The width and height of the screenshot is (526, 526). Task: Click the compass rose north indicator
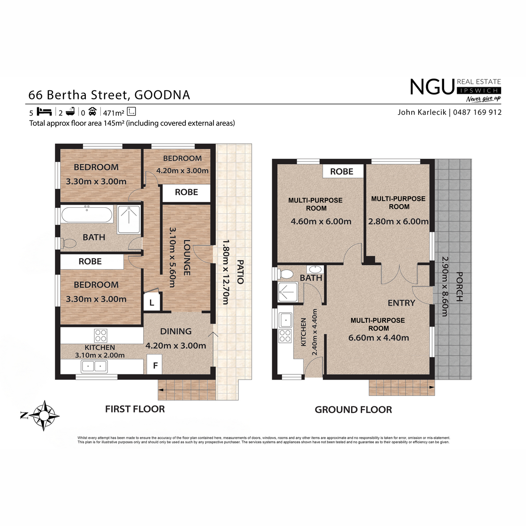pos(24,416)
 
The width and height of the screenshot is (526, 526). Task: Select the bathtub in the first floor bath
pos(87,214)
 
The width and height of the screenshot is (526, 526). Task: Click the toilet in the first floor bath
pos(68,243)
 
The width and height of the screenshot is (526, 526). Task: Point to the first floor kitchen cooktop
pos(100,335)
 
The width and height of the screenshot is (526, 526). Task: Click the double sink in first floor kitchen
pos(94,366)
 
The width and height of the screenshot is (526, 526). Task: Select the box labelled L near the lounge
pos(152,302)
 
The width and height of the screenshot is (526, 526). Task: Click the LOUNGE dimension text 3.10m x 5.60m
pos(172,257)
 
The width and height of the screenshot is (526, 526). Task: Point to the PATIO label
pos(240,272)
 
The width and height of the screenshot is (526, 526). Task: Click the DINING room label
pos(176,331)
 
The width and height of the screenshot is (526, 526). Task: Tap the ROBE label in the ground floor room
pos(341,171)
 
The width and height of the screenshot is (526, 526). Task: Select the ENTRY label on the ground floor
pos(401,303)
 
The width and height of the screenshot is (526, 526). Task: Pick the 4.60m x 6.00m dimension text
pos(321,221)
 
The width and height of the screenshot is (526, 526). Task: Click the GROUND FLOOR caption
pos(353,410)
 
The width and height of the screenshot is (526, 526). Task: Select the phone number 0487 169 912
pos(477,112)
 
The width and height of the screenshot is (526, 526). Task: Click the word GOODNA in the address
pos(162,95)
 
